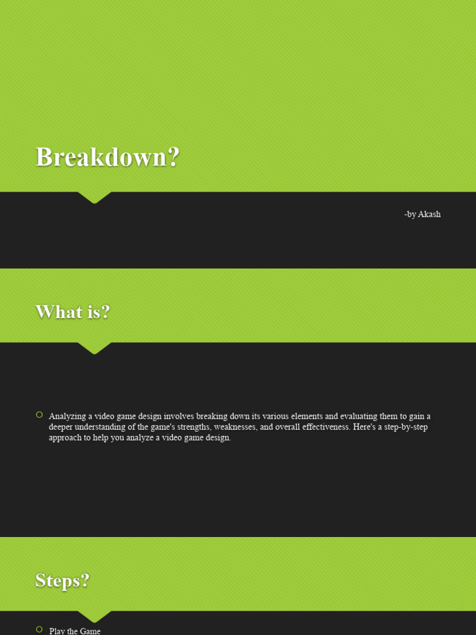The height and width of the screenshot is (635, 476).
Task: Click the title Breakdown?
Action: coord(107,157)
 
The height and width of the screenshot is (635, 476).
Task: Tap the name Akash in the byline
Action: coord(429,215)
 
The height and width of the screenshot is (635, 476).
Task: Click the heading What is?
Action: coord(73,312)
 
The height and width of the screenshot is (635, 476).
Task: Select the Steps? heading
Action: coord(63,580)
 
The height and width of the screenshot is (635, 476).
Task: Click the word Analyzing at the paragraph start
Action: coord(68,416)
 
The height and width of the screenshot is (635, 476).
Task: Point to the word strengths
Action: coord(189,427)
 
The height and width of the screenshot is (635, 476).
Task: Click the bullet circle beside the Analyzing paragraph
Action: coord(40,415)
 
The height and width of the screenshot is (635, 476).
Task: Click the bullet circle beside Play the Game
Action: coord(40,629)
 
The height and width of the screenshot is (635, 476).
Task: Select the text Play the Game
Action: coord(75,631)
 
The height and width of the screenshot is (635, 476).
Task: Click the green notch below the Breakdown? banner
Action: coord(94,197)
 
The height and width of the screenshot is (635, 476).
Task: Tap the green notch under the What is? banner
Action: coord(94,348)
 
